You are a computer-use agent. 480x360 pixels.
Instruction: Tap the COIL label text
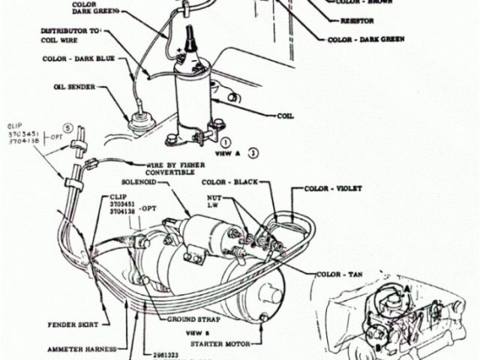point(286,116)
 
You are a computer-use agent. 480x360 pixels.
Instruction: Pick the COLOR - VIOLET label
point(328,189)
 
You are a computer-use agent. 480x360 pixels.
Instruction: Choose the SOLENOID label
point(139,182)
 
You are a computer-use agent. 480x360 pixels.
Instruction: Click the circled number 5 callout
point(67,128)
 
